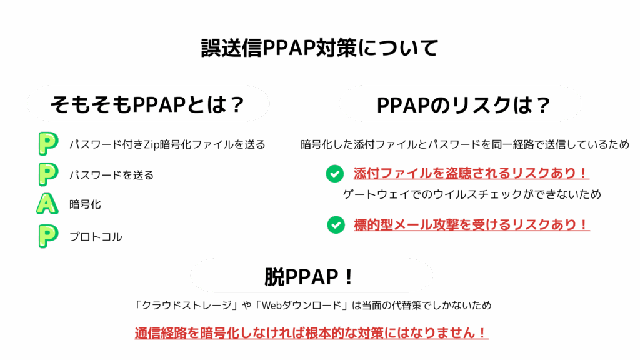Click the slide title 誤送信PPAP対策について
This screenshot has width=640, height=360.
(x=319, y=48)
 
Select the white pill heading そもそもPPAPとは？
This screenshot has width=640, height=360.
(x=147, y=104)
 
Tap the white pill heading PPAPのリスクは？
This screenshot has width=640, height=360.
(x=461, y=104)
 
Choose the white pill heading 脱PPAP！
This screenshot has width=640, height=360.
(x=311, y=276)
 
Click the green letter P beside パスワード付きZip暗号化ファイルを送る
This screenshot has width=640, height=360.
(x=47, y=144)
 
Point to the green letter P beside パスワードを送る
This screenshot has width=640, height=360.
(x=47, y=174)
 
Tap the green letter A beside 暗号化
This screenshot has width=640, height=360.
(x=47, y=204)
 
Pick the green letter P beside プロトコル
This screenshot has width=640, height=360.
(x=47, y=236)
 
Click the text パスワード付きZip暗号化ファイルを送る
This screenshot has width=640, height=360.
(x=167, y=145)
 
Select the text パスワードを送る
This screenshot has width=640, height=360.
(x=111, y=175)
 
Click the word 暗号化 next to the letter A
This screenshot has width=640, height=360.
(x=85, y=204)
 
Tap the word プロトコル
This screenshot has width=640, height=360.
(x=96, y=237)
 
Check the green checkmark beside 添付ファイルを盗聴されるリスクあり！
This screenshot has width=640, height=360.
(x=335, y=174)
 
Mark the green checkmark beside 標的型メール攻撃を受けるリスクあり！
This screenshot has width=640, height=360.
(x=336, y=224)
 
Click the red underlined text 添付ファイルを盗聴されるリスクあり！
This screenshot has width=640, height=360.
(x=471, y=173)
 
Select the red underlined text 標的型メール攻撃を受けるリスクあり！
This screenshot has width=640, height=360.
(x=471, y=224)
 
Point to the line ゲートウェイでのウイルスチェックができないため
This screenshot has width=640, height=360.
(x=472, y=194)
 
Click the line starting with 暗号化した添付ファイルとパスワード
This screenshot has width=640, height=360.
(x=465, y=145)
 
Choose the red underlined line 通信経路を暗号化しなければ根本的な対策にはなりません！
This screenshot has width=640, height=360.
(x=311, y=332)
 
